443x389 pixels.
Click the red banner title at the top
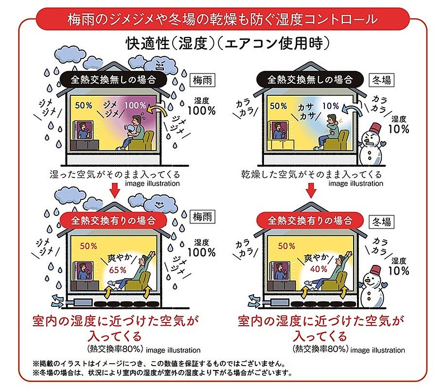click(x=223, y=19)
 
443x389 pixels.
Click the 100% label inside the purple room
click(x=135, y=106)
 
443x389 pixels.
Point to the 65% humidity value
click(x=118, y=270)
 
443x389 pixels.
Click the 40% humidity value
click(x=319, y=269)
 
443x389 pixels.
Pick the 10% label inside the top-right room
click(x=331, y=106)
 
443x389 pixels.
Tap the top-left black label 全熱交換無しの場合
click(x=113, y=79)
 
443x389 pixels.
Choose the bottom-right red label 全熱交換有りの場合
click(x=310, y=220)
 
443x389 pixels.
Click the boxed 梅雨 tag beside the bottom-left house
click(x=202, y=217)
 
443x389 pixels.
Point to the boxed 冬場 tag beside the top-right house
click(x=382, y=80)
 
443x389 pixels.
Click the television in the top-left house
click(x=84, y=130)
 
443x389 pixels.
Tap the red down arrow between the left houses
click(x=115, y=191)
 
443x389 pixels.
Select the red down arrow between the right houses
click(x=311, y=191)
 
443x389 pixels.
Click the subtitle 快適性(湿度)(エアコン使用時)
click(x=228, y=44)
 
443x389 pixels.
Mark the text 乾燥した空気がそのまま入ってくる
click(x=311, y=174)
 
